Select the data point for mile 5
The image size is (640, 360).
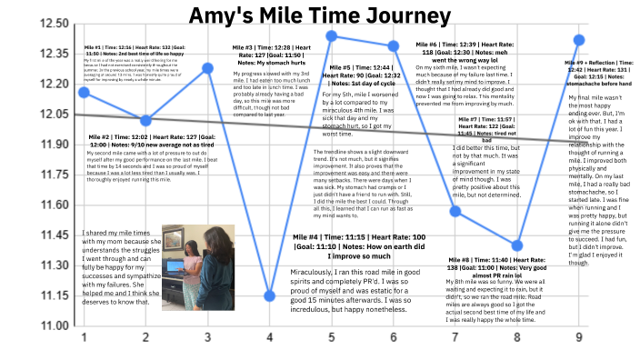[332, 35]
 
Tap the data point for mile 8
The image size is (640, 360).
[517, 245]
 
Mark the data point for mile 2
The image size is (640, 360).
[146, 120]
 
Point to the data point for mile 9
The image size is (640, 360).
[579, 39]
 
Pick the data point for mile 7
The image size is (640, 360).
[455, 211]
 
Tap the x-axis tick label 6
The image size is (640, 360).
[394, 338]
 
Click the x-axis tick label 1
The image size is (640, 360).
[84, 338]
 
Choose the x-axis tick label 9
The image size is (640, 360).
[579, 338]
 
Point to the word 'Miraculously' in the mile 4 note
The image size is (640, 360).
[313, 272]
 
